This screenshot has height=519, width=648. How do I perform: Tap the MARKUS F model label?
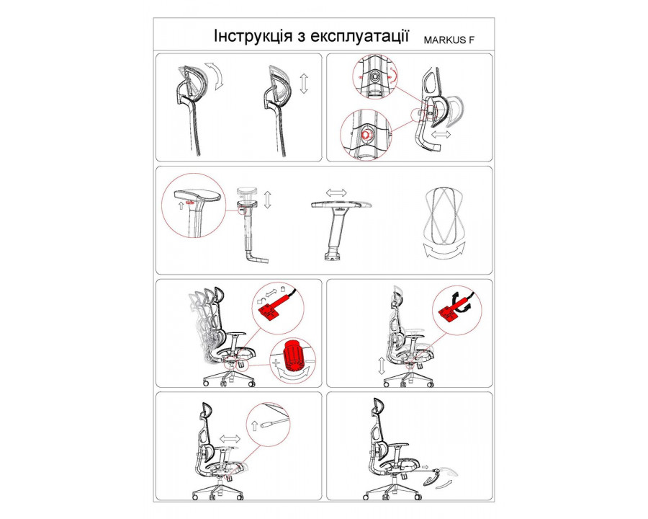[x=449, y=40]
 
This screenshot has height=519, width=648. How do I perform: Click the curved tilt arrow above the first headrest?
[x=215, y=76]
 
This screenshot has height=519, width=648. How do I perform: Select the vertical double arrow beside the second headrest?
[x=304, y=84]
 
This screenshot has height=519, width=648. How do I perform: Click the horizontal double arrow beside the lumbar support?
[x=440, y=134]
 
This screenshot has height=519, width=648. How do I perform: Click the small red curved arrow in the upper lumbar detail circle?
[x=393, y=75]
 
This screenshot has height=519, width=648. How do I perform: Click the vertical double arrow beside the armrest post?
[x=267, y=199]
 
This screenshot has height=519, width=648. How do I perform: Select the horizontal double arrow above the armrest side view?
[x=336, y=192]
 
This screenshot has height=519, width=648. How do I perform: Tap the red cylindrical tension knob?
[x=293, y=355]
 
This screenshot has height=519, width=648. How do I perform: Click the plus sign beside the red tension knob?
[x=276, y=363]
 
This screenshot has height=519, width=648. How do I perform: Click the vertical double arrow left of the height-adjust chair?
[x=382, y=365]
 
